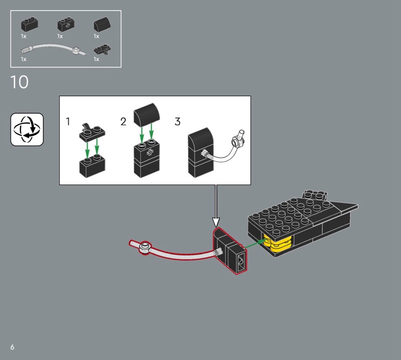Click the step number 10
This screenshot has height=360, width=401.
pyautogui.click(x=20, y=82)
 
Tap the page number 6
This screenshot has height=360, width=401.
pyautogui.click(x=12, y=347)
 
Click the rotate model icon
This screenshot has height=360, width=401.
pyautogui.click(x=27, y=129)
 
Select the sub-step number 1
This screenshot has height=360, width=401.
pyautogui.click(x=68, y=121)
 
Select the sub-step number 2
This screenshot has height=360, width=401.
pyautogui.click(x=123, y=122)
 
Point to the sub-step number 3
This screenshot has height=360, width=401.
pyautogui.click(x=177, y=121)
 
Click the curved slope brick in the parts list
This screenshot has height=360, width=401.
pyautogui.click(x=102, y=24)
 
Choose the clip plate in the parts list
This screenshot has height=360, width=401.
pyautogui.click(x=102, y=50)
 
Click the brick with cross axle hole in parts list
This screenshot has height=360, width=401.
pyautogui.click(x=66, y=24)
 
